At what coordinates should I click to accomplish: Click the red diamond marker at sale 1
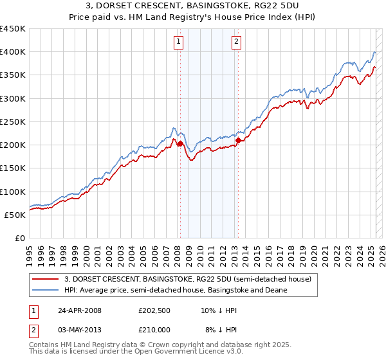point(180,144)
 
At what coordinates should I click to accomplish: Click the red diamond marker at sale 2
point(238,140)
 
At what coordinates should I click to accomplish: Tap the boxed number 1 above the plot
point(178,42)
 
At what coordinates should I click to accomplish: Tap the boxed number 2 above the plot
point(236,42)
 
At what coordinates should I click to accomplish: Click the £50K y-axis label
point(15,215)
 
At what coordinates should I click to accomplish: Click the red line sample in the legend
point(46,279)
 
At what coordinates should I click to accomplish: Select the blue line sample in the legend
point(46,290)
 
